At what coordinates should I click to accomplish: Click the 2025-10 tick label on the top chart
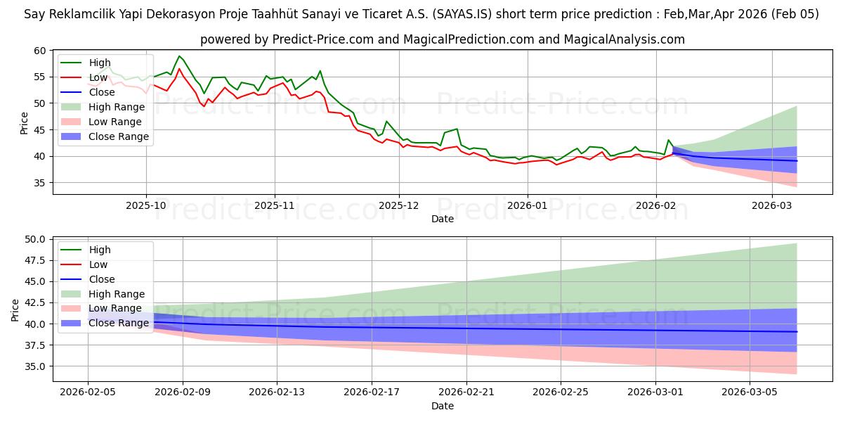tap(146, 205)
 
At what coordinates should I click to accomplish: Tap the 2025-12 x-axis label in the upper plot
tap(399, 205)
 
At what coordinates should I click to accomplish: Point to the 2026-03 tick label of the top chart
tap(772, 205)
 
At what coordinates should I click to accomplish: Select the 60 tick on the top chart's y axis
tap(39, 51)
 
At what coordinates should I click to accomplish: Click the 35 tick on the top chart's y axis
tap(39, 183)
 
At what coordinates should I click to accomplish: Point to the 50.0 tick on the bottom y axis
tap(35, 239)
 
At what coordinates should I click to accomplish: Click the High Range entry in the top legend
tap(117, 107)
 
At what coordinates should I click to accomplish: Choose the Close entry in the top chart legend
tap(102, 92)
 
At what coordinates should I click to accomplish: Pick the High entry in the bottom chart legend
tap(100, 250)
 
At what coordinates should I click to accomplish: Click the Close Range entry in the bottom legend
tap(119, 323)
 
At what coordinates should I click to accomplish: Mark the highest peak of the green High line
tap(179, 56)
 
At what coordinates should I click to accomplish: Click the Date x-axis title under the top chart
tap(443, 219)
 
